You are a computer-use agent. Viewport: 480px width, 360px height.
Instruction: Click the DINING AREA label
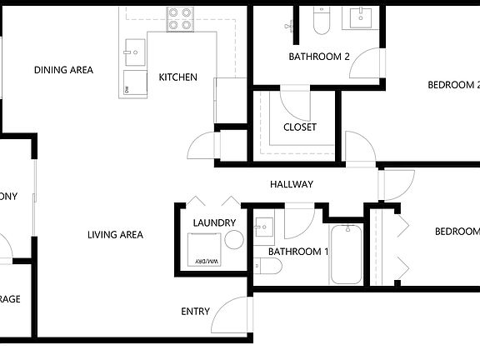pyautogui.click(x=63, y=70)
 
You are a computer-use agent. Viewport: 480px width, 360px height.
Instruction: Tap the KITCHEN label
pyautogui.click(x=178, y=77)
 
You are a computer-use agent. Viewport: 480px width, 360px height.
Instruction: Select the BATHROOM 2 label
pyautogui.click(x=319, y=57)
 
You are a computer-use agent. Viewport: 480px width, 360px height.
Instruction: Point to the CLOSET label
pyautogui.click(x=300, y=127)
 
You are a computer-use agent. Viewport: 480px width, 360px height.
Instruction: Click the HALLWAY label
pyautogui.click(x=292, y=184)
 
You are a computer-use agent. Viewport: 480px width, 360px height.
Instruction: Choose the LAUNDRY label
pyautogui.click(x=214, y=222)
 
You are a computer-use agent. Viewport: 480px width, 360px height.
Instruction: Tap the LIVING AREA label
pyautogui.click(x=115, y=235)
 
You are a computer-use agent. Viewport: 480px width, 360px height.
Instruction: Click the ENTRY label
pyautogui.click(x=195, y=312)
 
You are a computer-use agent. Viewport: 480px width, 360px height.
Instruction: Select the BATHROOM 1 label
pyautogui.click(x=298, y=252)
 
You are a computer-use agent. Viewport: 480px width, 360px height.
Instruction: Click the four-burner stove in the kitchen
pyautogui.click(x=179, y=18)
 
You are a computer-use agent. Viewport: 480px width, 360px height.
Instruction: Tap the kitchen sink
pyautogui.click(x=133, y=52)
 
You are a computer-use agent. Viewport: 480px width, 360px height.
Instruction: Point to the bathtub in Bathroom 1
pyautogui.click(x=347, y=254)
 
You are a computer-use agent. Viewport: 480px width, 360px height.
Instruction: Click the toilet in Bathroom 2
pyautogui.click(x=322, y=20)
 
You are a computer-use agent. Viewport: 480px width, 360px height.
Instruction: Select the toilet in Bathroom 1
pyautogui.click(x=267, y=266)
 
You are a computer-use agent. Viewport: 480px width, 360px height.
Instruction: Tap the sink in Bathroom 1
pyautogui.click(x=264, y=227)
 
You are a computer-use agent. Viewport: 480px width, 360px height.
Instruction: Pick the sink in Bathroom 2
pyautogui.click(x=362, y=17)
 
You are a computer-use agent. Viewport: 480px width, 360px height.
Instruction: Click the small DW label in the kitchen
pyautogui.click(x=127, y=88)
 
